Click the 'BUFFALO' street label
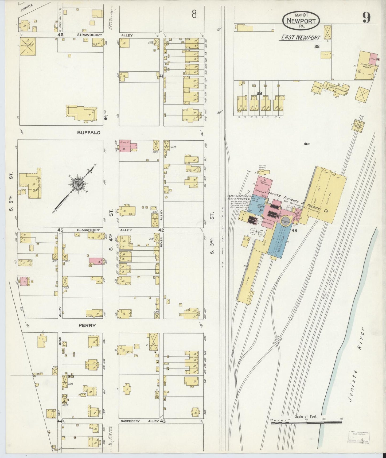[x=89, y=133]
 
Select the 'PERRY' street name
[x=87, y=325]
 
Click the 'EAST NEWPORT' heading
[x=301, y=37]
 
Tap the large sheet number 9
[x=366, y=18]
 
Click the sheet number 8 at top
[x=194, y=14]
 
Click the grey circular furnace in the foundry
[x=286, y=221]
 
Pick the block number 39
[x=259, y=93]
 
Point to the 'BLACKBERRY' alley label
[x=88, y=230]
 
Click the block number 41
[x=161, y=76]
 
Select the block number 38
[x=317, y=46]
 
